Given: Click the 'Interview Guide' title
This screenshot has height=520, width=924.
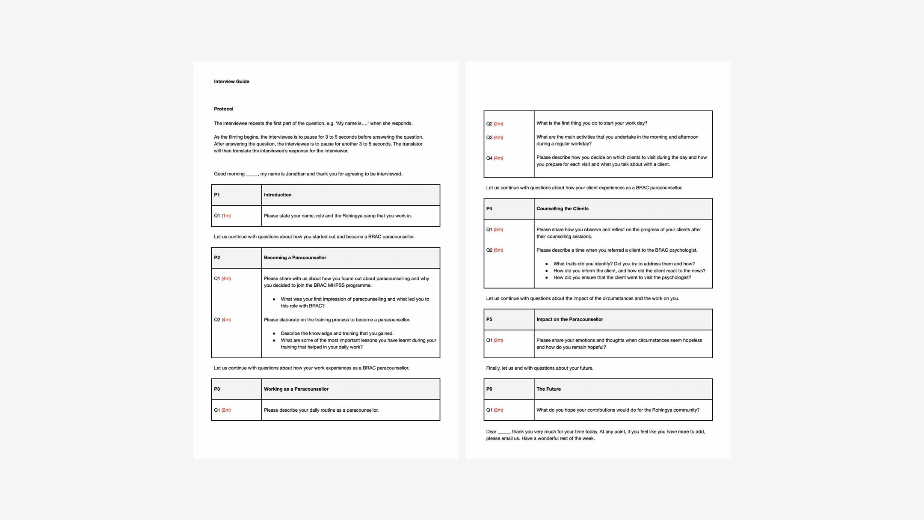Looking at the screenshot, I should (x=231, y=81).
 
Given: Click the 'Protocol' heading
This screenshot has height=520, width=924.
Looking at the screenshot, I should (x=223, y=109).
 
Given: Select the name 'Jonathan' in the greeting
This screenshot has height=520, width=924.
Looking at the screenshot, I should (x=295, y=174).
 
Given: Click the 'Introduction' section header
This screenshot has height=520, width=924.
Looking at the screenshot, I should (x=277, y=195).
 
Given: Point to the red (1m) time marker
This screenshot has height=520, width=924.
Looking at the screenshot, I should (x=226, y=216).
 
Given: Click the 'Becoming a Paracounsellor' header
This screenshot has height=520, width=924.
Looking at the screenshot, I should (x=295, y=258).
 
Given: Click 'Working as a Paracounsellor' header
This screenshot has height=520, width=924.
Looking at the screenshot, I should (x=296, y=389).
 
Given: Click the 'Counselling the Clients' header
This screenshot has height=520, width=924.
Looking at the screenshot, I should (x=562, y=208).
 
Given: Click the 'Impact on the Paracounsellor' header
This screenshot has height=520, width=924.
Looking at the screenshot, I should (x=569, y=319).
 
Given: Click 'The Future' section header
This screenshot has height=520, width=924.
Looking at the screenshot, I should (x=548, y=389).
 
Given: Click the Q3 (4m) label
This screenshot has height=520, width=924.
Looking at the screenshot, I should (x=495, y=137).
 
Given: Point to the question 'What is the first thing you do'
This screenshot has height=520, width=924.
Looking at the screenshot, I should (x=592, y=123).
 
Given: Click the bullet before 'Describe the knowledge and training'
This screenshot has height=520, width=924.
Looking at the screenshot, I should (x=274, y=333).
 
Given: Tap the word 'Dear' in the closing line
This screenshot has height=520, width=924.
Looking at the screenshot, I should (x=491, y=431).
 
